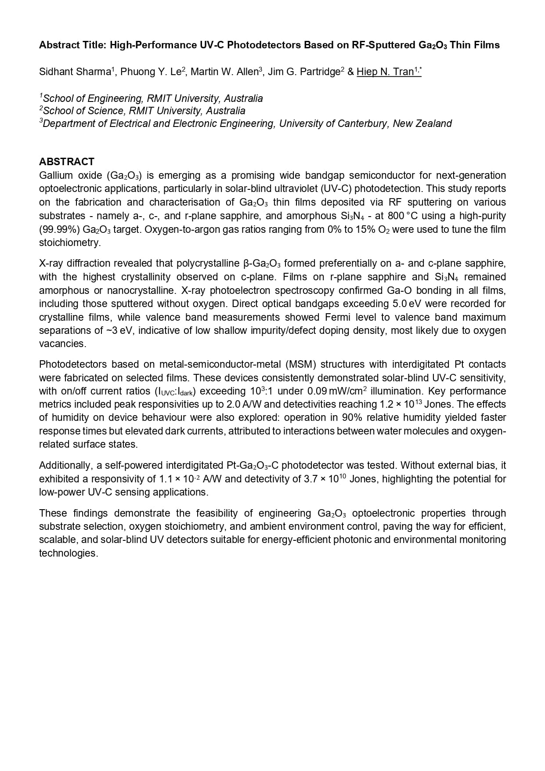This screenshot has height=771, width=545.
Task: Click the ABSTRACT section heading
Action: click(x=66, y=161)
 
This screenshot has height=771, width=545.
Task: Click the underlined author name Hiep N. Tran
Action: click(x=385, y=72)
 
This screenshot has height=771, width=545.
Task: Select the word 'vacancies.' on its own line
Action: click(x=63, y=344)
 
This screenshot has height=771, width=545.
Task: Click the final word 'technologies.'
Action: click(x=69, y=553)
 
